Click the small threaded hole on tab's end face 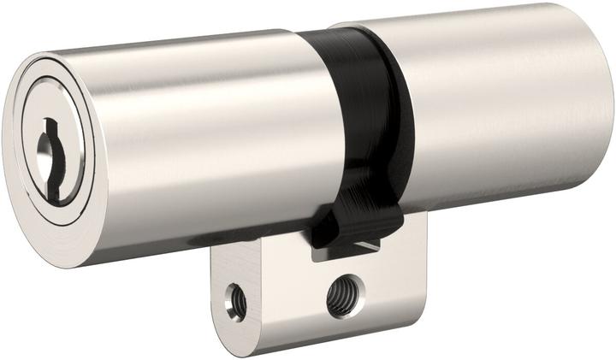tap(235, 301)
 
